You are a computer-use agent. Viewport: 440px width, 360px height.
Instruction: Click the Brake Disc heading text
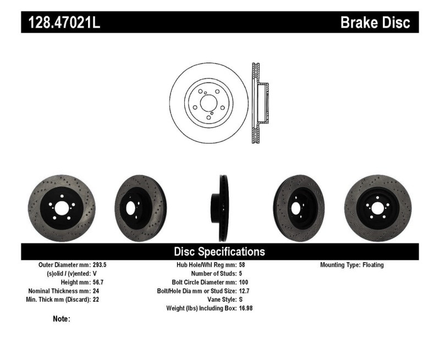click(375, 23)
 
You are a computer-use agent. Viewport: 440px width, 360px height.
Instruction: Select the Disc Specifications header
click(219, 252)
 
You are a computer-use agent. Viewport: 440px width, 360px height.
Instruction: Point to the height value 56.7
click(96, 282)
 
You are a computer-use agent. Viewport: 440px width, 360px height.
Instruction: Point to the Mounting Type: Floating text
click(352, 265)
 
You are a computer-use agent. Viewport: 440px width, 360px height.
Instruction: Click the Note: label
click(61, 319)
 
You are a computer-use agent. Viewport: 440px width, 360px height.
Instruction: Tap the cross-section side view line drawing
click(258, 103)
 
